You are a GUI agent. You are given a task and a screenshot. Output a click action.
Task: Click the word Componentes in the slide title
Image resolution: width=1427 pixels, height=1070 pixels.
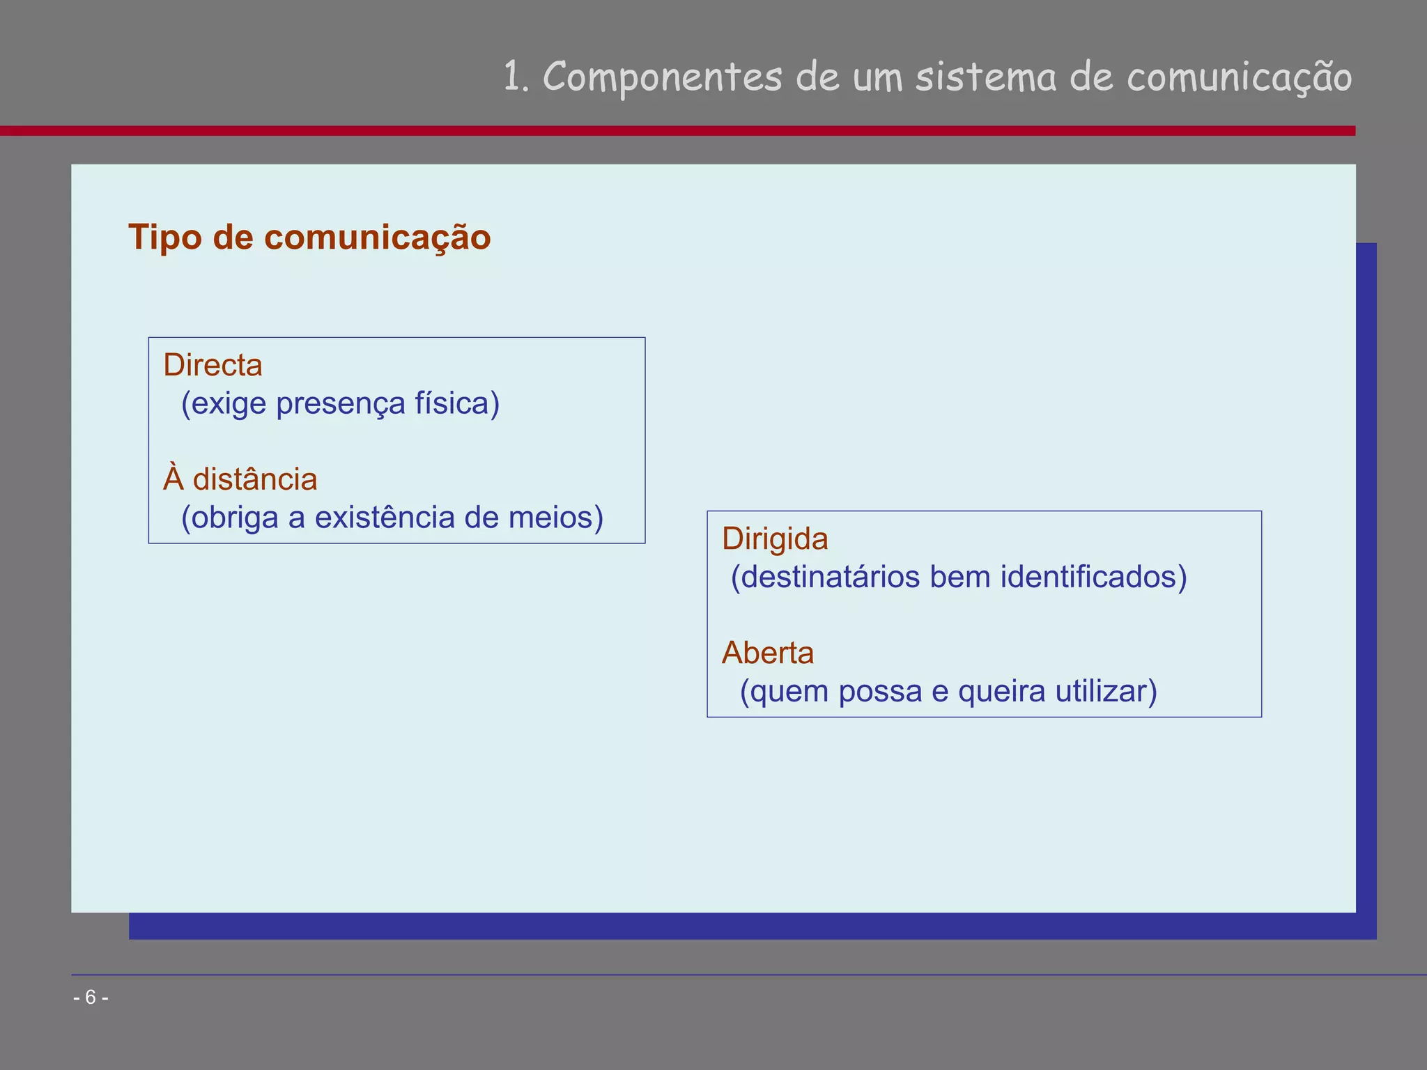(x=662, y=77)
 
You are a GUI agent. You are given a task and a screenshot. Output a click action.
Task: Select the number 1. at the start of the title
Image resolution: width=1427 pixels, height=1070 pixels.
(x=516, y=77)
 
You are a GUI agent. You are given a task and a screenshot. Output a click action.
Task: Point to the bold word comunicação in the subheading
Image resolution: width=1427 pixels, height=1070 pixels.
(x=377, y=238)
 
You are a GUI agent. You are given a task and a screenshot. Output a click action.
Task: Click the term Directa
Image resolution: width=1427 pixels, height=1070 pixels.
(x=213, y=365)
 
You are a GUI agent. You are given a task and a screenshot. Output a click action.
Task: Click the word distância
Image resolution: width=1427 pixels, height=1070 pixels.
(x=254, y=479)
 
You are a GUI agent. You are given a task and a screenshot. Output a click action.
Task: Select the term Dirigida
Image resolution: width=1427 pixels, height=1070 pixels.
(x=775, y=539)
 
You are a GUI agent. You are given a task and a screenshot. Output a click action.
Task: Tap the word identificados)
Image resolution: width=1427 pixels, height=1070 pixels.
(x=1093, y=577)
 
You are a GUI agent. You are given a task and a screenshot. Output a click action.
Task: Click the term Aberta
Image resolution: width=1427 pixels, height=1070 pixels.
(x=768, y=653)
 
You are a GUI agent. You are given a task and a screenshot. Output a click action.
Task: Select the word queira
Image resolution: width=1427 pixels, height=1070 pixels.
(x=1001, y=691)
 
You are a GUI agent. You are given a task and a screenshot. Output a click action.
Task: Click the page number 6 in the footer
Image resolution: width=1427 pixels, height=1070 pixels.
(x=91, y=998)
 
